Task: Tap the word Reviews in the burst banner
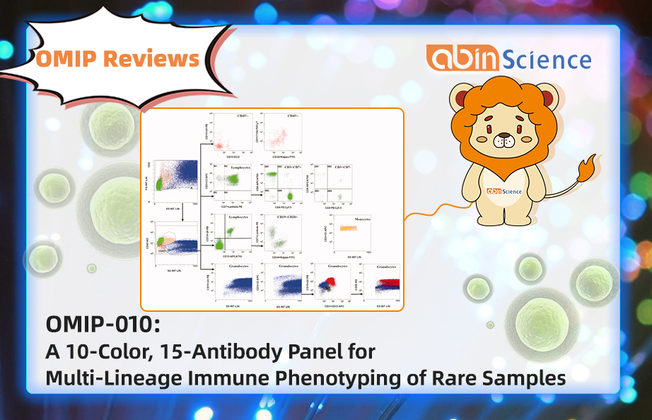coord(151,59)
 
